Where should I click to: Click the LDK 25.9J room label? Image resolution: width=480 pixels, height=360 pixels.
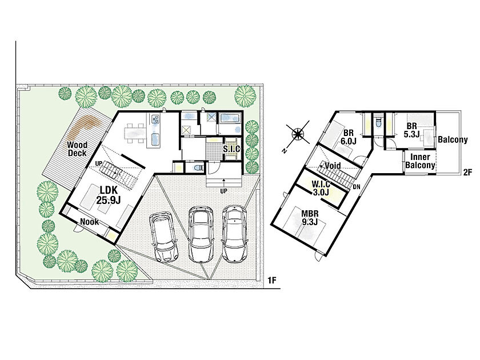point(109,195)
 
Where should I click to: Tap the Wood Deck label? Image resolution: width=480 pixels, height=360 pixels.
point(77,149)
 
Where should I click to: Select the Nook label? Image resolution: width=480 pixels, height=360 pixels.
point(89,222)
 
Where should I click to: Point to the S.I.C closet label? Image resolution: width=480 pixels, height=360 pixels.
point(231,149)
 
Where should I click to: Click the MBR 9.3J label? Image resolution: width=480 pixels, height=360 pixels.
point(310,218)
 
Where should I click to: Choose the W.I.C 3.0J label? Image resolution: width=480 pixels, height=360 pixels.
point(321,188)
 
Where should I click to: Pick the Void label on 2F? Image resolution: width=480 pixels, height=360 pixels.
point(333,166)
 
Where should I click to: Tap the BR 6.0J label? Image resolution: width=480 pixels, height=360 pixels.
point(349,137)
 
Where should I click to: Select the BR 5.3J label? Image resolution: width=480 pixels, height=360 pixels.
point(411,130)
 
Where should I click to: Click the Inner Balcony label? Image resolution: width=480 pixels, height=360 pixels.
point(420,161)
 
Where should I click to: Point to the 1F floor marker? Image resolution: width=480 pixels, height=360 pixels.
point(272,280)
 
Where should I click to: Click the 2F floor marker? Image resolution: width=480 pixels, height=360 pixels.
point(467,173)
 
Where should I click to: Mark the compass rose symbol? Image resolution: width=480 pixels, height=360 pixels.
point(297,134)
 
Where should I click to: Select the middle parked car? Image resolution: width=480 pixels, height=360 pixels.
point(200,234)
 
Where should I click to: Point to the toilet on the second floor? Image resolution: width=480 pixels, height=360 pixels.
point(378,123)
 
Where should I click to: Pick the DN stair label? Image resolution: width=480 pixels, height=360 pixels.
point(357,187)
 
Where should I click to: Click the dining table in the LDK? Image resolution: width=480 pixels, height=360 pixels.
point(135,133)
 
